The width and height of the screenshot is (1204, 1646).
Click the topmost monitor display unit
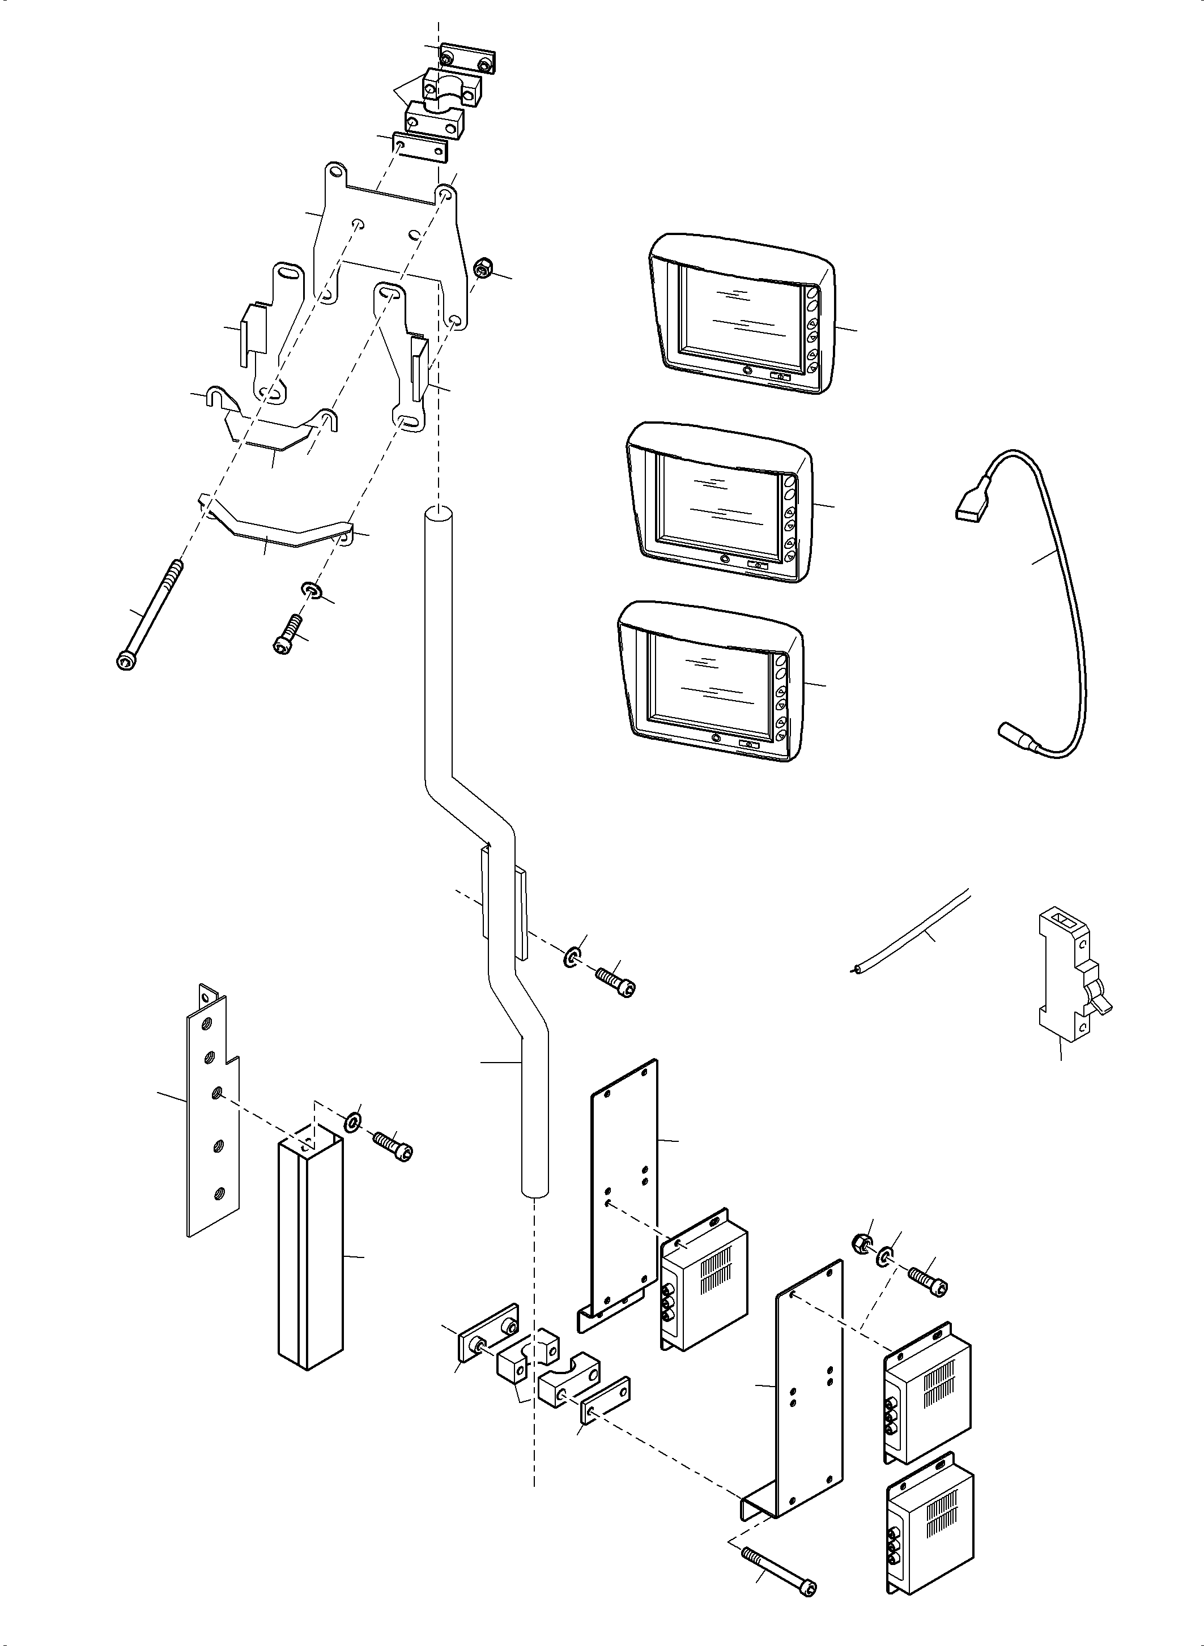[x=740, y=314]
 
